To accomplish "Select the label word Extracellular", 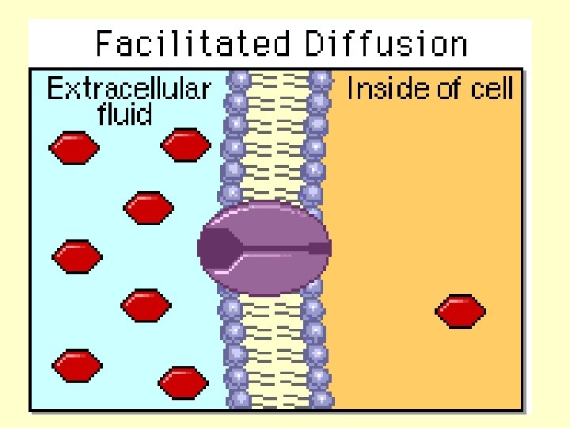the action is tap(129, 88).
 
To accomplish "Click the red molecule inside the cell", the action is tap(462, 311).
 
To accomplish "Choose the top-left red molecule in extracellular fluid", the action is tap(74, 147).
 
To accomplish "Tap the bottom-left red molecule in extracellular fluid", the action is tap(77, 365).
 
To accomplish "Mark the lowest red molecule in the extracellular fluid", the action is tap(183, 383).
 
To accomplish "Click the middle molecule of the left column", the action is tap(77, 256).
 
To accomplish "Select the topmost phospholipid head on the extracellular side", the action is tap(238, 80).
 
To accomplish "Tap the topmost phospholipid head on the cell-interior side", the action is tap(320, 80).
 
